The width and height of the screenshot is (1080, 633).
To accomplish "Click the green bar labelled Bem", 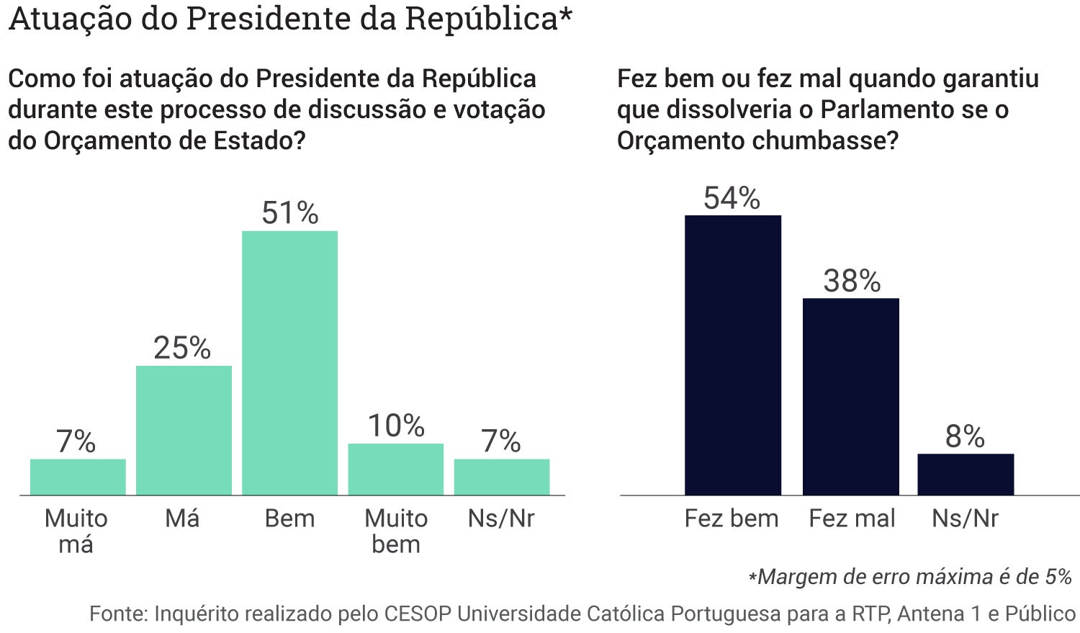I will point(289,363).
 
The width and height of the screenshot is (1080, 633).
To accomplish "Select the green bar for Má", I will point(184,430).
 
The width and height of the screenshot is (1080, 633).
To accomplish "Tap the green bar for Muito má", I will point(78,477).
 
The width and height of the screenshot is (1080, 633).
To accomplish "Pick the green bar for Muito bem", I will point(395,469).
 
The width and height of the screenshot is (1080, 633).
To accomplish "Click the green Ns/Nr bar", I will point(501,477).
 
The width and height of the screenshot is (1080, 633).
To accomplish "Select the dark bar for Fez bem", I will point(732,355).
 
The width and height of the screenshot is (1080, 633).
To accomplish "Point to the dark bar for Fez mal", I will point(850,396).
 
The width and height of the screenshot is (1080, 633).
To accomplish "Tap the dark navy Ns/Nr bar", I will point(965,474).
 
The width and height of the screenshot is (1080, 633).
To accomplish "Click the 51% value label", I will point(289,213).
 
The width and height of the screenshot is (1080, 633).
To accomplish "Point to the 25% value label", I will point(182,349).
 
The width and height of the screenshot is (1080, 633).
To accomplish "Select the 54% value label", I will point(732,198).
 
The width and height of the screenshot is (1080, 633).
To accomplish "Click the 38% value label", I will point(852,281).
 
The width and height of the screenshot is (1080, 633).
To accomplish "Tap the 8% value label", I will point(965,437).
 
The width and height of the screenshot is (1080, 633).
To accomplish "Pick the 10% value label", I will point(396,426).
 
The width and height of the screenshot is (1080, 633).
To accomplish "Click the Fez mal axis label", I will point(852,518).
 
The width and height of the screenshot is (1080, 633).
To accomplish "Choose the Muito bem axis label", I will point(396,531).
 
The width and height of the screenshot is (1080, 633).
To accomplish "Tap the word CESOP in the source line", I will point(418,614).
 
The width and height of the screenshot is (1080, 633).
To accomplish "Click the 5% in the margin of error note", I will point(1058,576).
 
